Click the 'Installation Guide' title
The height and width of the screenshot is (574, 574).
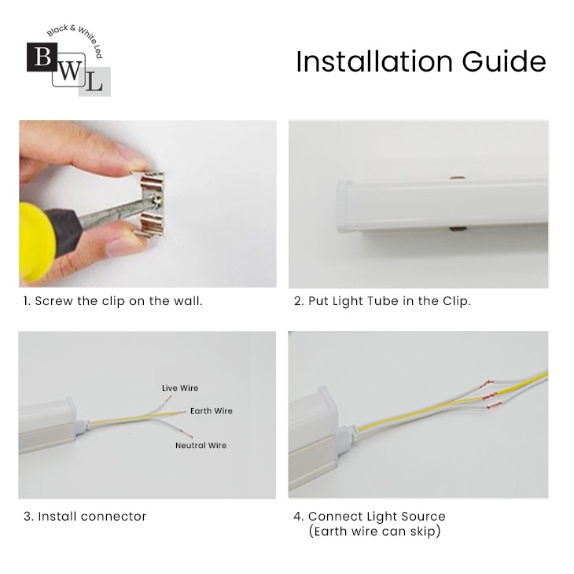[x=421, y=61]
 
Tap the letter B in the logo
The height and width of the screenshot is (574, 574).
[x=42, y=57]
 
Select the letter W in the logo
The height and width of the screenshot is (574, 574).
[x=69, y=72]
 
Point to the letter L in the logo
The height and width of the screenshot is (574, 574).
[x=94, y=83]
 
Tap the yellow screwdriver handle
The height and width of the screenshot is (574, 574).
[x=36, y=241]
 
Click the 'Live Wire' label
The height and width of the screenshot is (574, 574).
[x=180, y=388]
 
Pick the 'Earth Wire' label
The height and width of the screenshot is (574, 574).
[x=212, y=410]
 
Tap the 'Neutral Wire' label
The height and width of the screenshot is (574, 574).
[x=201, y=446]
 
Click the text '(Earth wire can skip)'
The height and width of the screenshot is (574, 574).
[x=374, y=532]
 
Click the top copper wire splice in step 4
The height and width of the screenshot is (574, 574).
[x=488, y=385]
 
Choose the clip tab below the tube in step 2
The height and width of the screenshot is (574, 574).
[x=458, y=230]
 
